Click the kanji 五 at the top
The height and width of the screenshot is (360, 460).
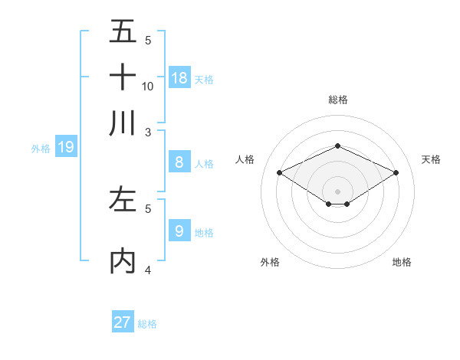[x=123, y=32]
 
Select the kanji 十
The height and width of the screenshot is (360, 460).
[x=123, y=77]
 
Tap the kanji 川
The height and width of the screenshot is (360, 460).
[x=123, y=123]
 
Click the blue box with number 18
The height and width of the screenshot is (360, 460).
[x=179, y=77]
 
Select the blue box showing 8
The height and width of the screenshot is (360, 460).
[x=179, y=162]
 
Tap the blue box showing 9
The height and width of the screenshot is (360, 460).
[x=179, y=231]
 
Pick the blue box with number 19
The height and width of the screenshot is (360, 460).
[x=66, y=147]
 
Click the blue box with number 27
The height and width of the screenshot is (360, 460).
[x=123, y=322]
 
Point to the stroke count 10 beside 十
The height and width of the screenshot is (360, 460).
[x=148, y=86]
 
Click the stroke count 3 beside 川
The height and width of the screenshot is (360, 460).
[x=148, y=131]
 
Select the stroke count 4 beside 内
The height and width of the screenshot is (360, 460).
[x=148, y=270]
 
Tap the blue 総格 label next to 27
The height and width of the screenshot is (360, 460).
[x=147, y=324]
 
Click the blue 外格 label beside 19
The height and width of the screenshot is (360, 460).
[x=41, y=149]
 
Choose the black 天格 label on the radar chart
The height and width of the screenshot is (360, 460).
[x=431, y=159]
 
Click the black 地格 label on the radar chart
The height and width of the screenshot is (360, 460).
[x=402, y=262]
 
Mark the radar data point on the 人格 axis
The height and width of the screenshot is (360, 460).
[x=280, y=173]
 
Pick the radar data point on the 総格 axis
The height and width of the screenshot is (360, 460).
[x=337, y=146]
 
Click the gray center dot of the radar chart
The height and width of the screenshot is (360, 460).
[x=337, y=191]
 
